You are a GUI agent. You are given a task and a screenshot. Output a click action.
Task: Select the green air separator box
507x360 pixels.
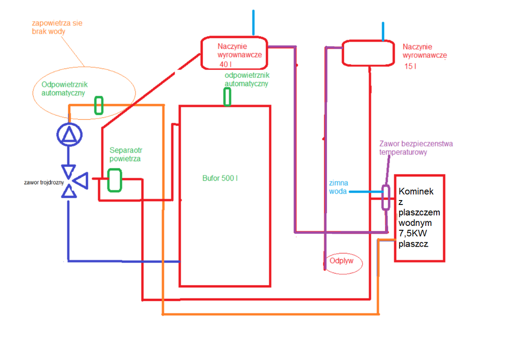115,180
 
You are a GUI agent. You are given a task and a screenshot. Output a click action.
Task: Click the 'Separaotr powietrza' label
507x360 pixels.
126,154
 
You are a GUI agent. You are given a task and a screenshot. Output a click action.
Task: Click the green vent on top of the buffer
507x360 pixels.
227,97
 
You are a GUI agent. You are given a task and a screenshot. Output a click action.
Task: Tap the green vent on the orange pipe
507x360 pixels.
99,105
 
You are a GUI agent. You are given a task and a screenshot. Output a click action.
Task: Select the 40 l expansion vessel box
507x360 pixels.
234,52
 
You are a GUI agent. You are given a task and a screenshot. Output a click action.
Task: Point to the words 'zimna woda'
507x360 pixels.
338,187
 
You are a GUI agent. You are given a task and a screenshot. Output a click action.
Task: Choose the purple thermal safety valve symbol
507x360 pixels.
385,198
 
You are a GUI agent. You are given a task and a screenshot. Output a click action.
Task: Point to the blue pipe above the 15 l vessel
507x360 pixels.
383,31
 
